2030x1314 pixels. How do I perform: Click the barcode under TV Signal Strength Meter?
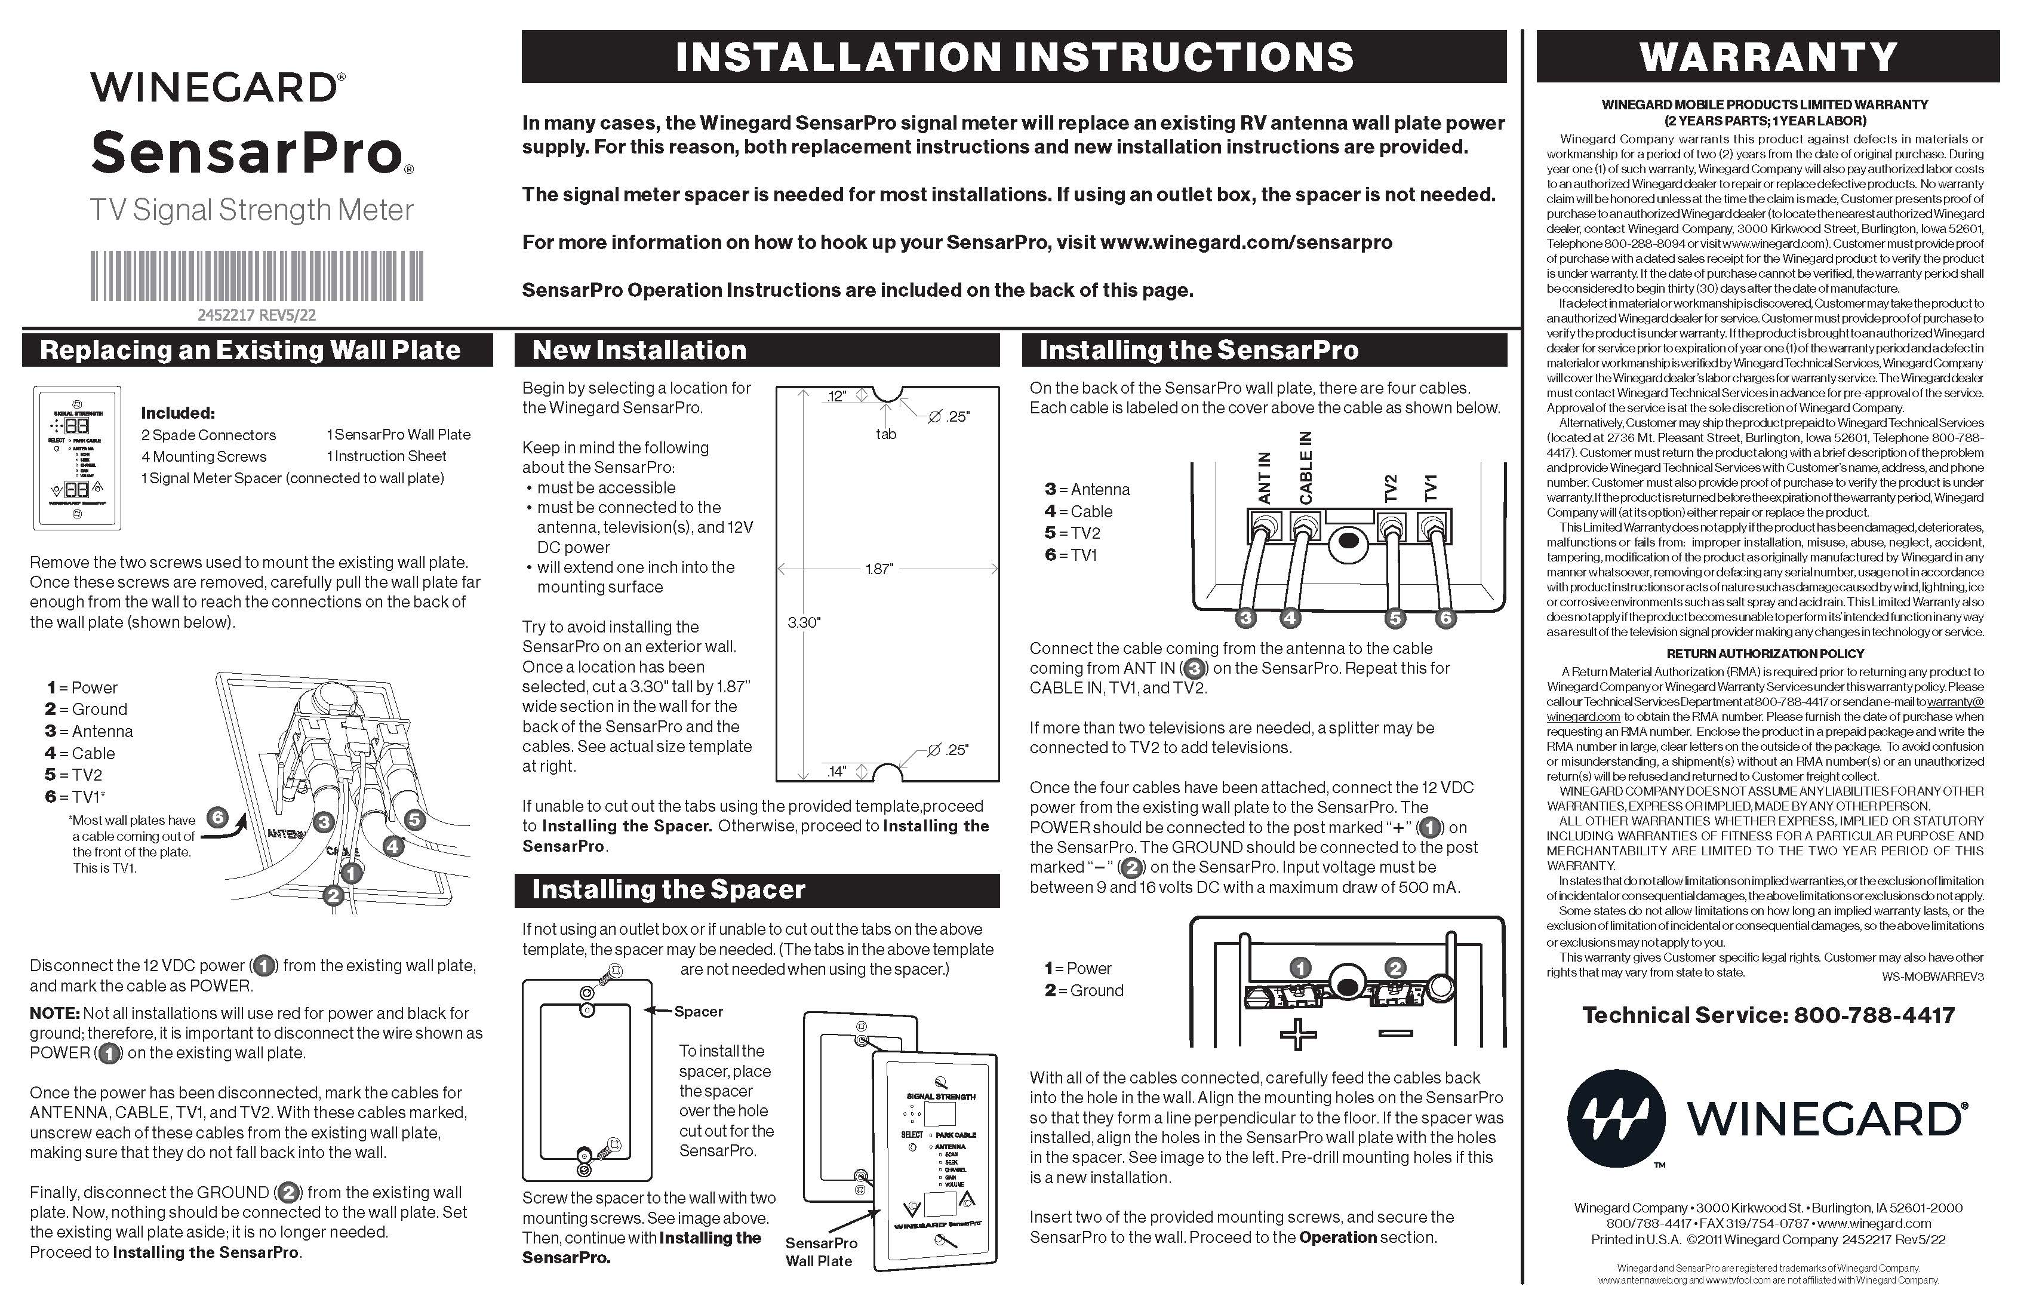click(257, 275)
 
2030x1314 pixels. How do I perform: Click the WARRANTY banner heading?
click(1767, 57)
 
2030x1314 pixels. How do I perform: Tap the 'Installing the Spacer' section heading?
click(668, 890)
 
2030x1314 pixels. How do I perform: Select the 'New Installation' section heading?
click(639, 350)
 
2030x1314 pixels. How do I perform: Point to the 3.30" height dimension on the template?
click(804, 623)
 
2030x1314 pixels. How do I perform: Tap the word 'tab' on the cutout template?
click(886, 434)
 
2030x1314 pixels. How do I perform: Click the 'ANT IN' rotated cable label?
click(1264, 477)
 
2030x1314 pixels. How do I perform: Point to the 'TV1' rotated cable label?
click(1431, 487)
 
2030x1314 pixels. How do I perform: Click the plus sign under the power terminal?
click(1298, 1035)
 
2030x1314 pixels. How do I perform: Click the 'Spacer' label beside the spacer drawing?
click(699, 1012)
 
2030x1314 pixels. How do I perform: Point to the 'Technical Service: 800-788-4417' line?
click(1768, 1015)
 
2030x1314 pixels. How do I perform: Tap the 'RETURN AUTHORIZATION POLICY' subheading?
click(1766, 653)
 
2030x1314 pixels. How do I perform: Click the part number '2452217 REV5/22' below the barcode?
click(257, 315)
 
